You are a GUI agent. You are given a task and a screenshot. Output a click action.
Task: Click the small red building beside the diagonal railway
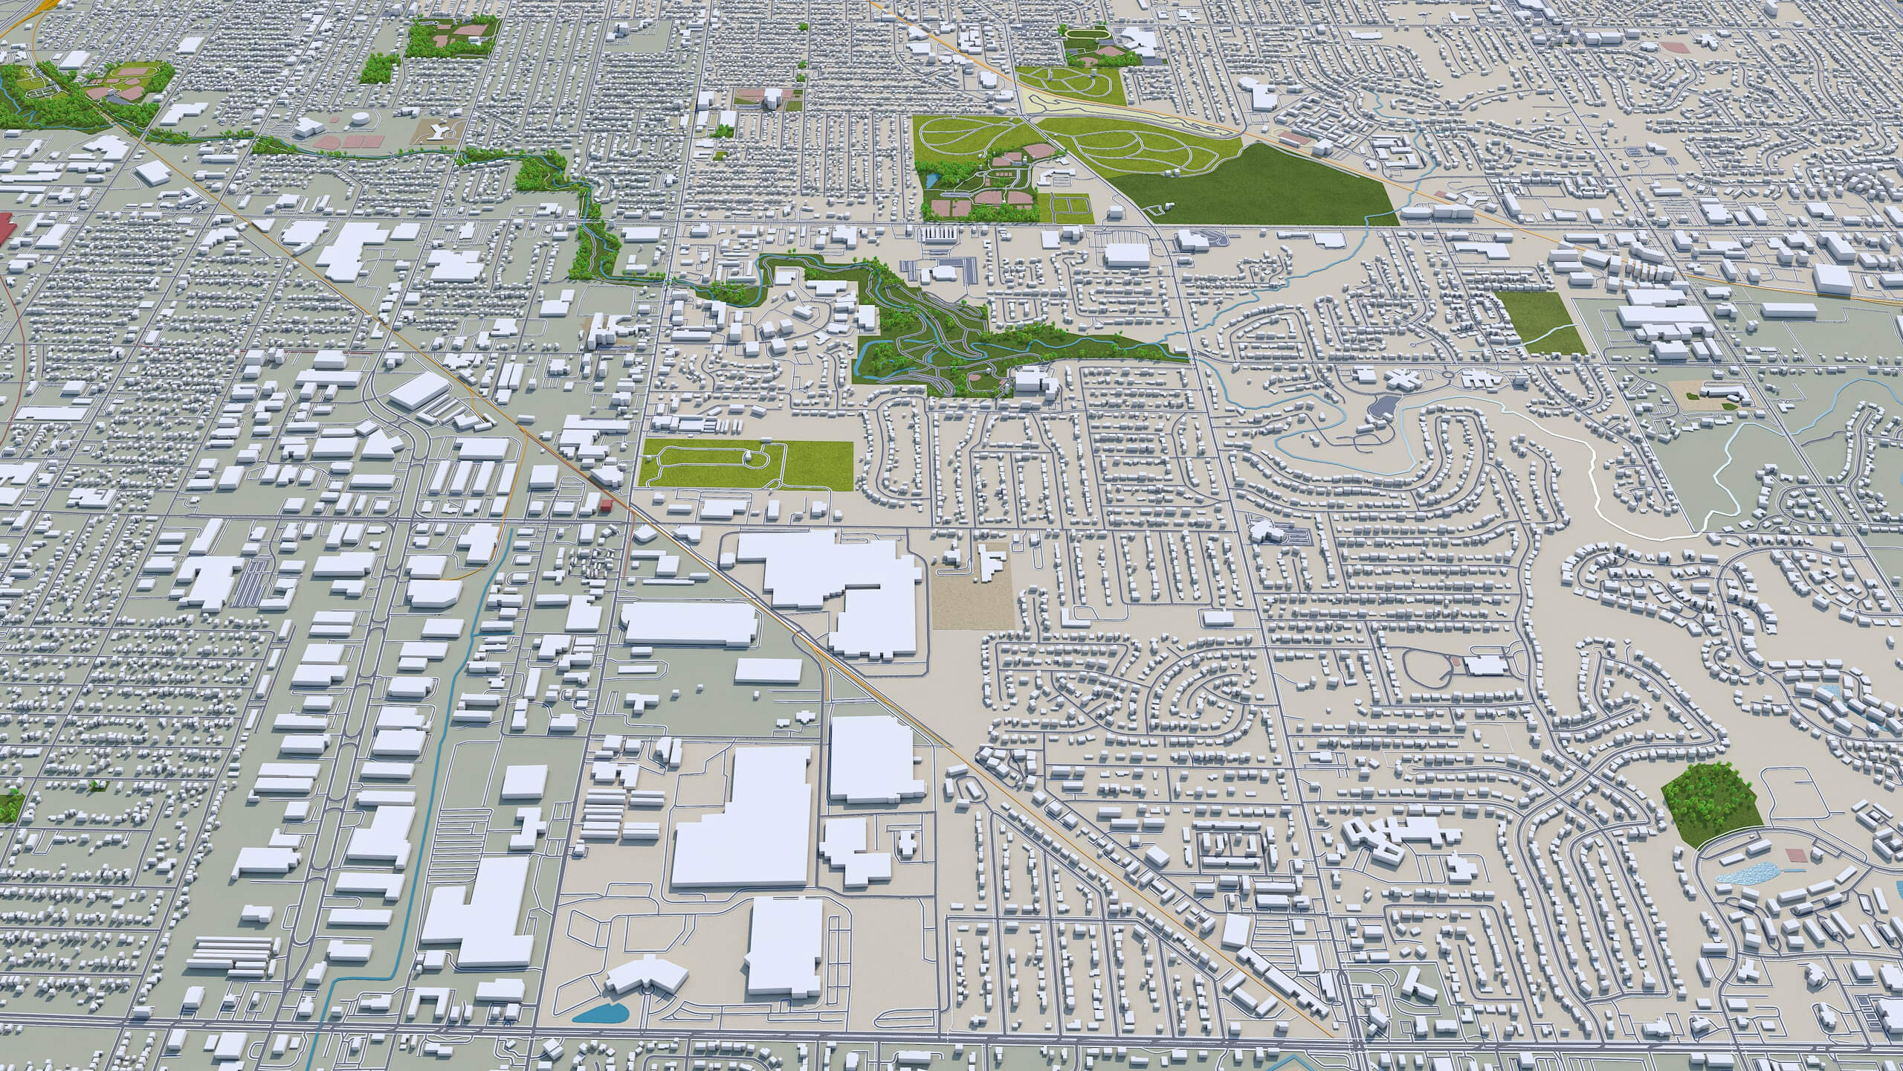click(x=607, y=506)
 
